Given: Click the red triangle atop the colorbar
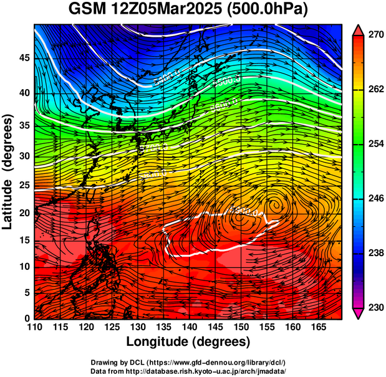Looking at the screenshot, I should [x=358, y=30].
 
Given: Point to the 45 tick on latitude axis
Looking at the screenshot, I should [x=22, y=57].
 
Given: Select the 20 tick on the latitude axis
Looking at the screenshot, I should [x=22, y=213].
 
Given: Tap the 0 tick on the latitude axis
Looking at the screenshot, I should [x=26, y=318].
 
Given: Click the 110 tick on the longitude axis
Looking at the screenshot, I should [x=34, y=327].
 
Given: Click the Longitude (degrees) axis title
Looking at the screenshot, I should [x=188, y=342].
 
